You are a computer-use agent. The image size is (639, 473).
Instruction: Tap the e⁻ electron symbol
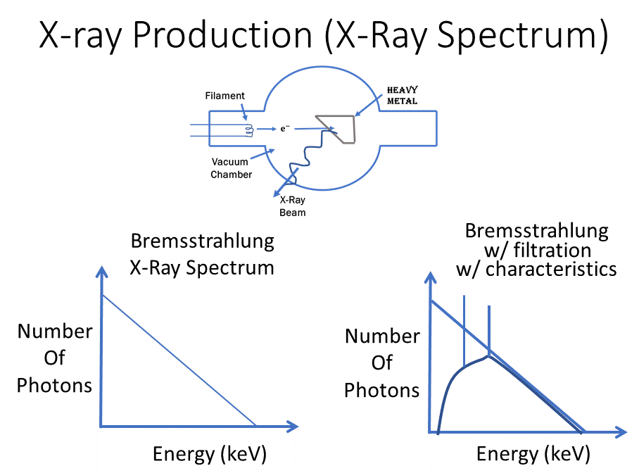(286, 129)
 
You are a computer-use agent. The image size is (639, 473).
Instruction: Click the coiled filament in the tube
(248, 129)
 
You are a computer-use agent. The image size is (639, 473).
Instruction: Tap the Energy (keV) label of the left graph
(210, 454)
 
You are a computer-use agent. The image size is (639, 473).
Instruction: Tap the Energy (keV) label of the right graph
(533, 454)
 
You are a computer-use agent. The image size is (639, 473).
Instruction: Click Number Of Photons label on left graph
(54, 358)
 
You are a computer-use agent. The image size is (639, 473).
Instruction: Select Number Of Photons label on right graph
(381, 362)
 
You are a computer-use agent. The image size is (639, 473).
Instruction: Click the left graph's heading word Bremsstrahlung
(202, 241)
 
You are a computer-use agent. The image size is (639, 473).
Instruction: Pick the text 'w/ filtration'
(536, 250)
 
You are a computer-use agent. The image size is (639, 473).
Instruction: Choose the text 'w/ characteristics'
(536, 269)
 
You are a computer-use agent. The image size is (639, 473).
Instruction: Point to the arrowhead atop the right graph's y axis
(429, 279)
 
